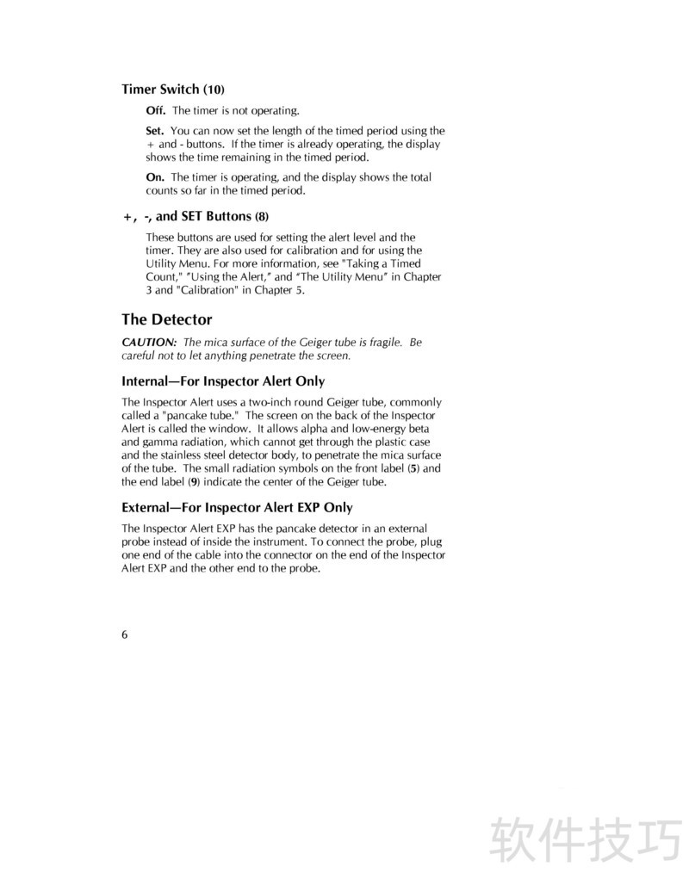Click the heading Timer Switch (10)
[173, 90]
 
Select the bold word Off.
[155, 111]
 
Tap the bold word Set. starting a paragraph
[155, 131]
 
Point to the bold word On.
[155, 177]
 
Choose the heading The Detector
[167, 319]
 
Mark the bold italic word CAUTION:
[149, 342]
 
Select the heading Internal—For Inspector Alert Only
[223, 381]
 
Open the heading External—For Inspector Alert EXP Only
[237, 508]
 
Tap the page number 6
[125, 634]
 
